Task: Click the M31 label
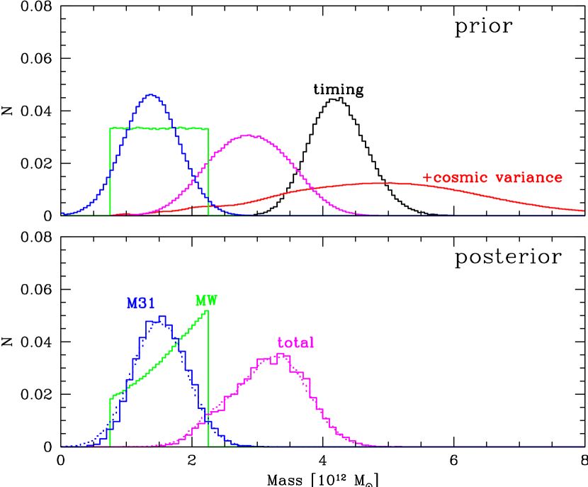(x=141, y=303)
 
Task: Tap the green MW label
(x=206, y=300)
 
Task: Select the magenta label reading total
(x=295, y=343)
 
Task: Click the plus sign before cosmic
(x=426, y=178)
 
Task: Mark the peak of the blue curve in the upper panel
(x=150, y=94)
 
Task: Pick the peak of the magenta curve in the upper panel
(x=247, y=135)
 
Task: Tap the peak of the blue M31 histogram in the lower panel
(x=162, y=317)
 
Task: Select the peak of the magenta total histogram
(x=282, y=354)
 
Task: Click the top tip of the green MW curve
(x=208, y=310)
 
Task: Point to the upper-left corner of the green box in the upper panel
(x=111, y=128)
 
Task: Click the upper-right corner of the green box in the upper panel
(x=208, y=128)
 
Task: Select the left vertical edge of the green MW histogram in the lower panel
(x=111, y=422)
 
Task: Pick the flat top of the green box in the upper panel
(x=159, y=128)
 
